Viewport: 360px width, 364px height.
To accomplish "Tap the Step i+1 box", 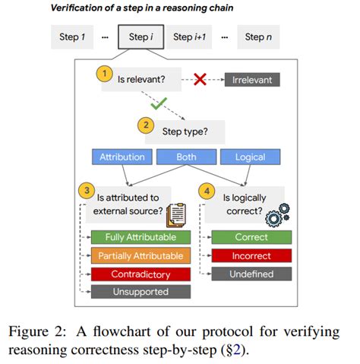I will click(x=194, y=37).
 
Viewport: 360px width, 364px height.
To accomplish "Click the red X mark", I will click(x=201, y=79).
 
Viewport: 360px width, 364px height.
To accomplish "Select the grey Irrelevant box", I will click(x=253, y=79).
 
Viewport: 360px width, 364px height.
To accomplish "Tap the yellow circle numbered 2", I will click(x=145, y=123).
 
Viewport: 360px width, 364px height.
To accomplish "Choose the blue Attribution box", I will click(x=122, y=157).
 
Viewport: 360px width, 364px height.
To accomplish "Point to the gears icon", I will click(x=276, y=215).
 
